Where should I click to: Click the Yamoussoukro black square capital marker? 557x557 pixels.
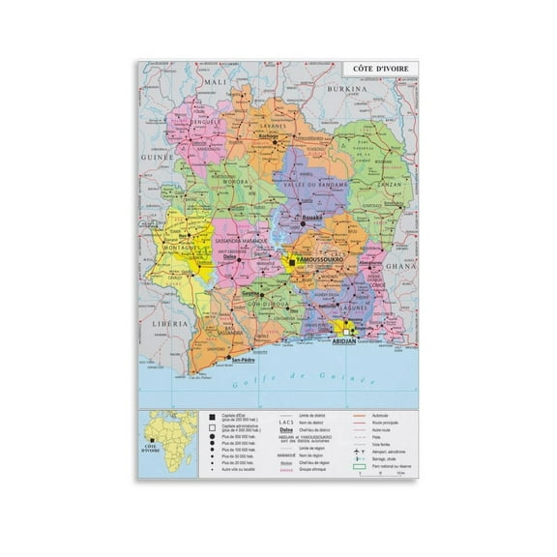(x=291, y=262)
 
